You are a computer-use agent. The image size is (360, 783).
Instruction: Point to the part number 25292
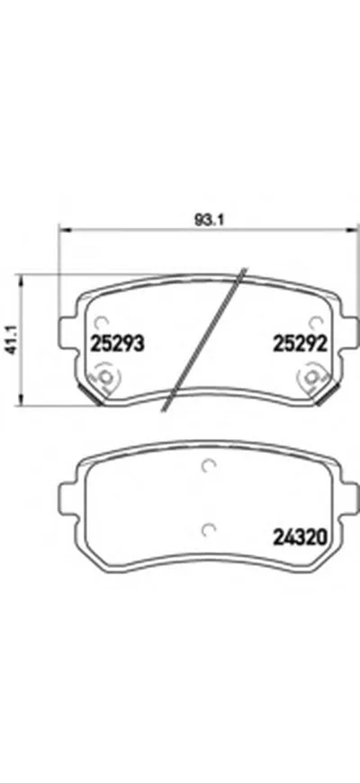click(x=299, y=342)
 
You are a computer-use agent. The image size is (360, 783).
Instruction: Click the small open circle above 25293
click(x=102, y=319)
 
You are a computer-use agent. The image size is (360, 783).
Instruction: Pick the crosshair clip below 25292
click(x=315, y=375)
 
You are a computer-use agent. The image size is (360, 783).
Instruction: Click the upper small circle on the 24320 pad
click(x=209, y=466)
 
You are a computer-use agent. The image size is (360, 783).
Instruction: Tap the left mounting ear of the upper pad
click(x=66, y=337)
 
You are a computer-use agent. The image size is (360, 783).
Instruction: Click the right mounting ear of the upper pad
click(x=349, y=337)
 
